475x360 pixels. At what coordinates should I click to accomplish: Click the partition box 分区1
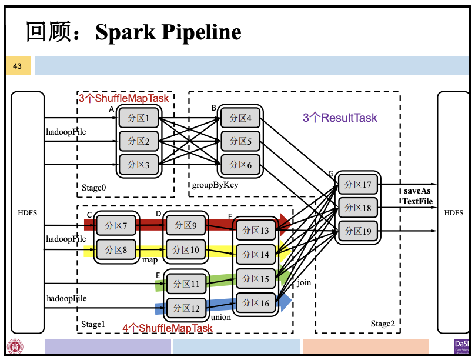pos(139,118)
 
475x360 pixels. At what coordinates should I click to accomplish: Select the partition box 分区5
pos(240,141)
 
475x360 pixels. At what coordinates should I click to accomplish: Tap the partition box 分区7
pos(116,225)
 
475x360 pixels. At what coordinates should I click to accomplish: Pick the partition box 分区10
pos(186,250)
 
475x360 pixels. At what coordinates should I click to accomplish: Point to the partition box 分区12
pos(186,308)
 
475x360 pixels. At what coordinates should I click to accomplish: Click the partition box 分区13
pos(256,230)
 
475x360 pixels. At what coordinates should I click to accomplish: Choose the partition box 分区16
pos(256,304)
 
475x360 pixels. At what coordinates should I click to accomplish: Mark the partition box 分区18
pos(358,208)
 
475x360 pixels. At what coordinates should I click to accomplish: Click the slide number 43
pos(17,66)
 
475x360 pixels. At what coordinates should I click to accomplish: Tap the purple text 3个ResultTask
pos(340,118)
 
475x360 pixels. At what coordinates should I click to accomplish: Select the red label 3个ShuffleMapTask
pos(123,98)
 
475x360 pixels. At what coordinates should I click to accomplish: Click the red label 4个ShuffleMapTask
pos(167,328)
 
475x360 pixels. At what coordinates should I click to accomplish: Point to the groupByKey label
pos(215,185)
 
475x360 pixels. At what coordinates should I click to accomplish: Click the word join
pos(304,282)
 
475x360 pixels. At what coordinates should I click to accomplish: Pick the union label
pos(220,318)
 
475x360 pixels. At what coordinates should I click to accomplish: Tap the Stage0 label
pos(94,188)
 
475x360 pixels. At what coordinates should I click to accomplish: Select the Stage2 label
pos(383,324)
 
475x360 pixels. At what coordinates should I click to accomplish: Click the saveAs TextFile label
pos(417,196)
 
